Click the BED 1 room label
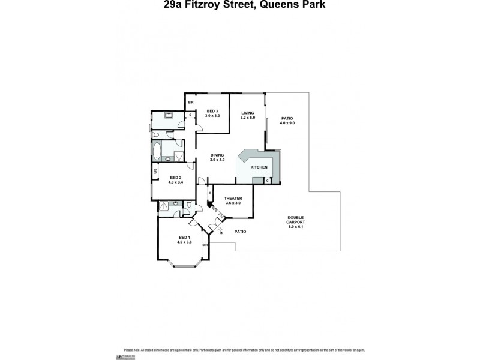tap(185, 238)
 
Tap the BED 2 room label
tap(176, 177)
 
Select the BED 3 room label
tap(211, 111)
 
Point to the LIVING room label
tap(248, 113)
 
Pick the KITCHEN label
tap(259, 167)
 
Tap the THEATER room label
tap(232, 199)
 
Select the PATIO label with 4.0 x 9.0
tap(287, 119)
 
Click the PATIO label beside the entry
tap(240, 232)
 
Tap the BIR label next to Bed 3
tap(190, 103)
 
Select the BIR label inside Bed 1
tap(205, 245)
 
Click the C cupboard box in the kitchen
tap(266, 180)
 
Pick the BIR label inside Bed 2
tap(155, 171)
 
